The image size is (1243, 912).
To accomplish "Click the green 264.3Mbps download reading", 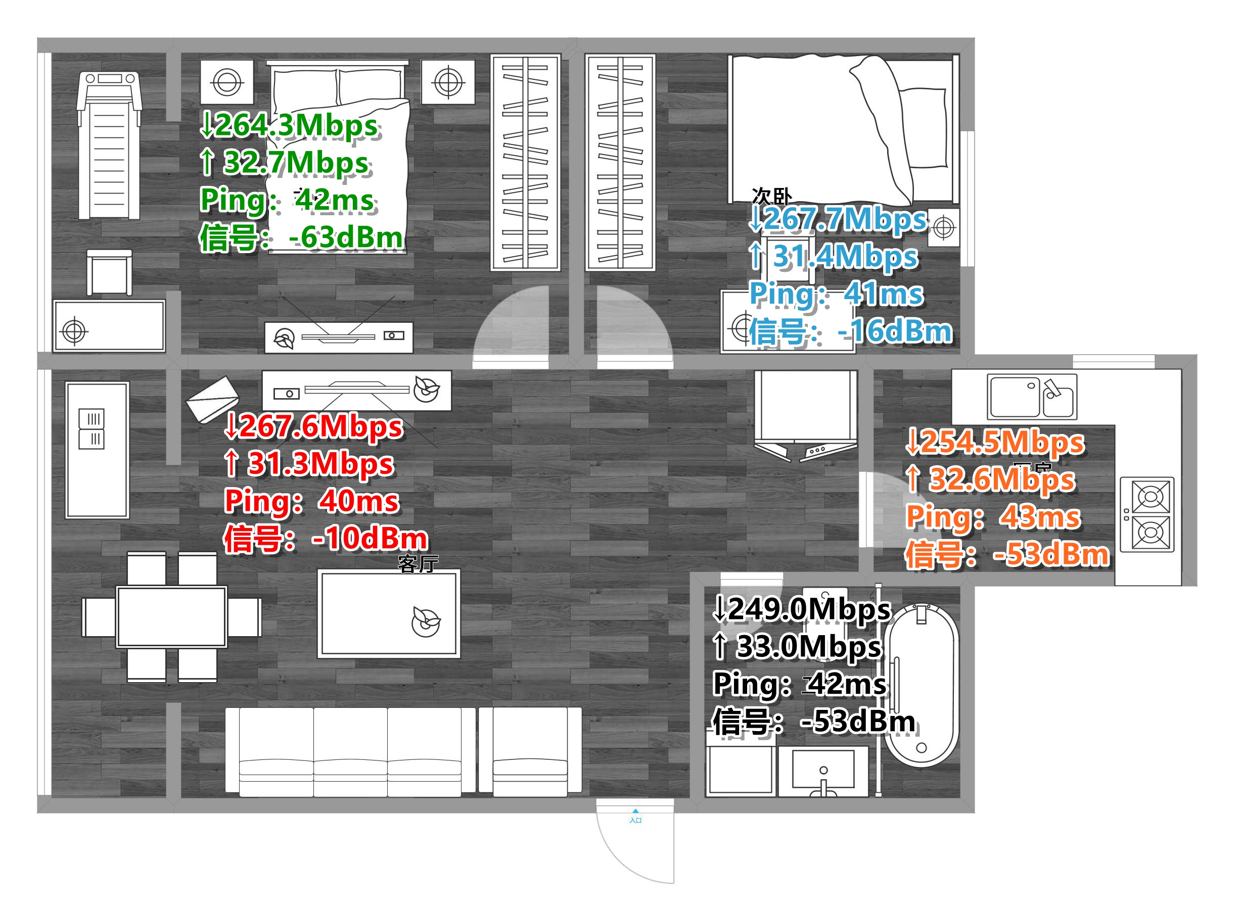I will click(x=289, y=125).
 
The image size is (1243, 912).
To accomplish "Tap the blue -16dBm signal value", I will click(x=895, y=332).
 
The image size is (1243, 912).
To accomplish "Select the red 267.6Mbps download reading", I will click(x=313, y=427).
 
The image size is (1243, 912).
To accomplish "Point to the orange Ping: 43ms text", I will click(x=993, y=517).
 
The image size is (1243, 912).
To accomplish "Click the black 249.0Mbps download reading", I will click(x=802, y=610).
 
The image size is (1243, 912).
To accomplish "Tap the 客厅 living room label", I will click(x=418, y=564).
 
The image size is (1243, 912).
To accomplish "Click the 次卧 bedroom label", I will click(x=771, y=196).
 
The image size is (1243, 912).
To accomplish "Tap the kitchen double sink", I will click(x=1032, y=396).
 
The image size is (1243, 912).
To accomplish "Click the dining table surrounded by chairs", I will click(x=171, y=616).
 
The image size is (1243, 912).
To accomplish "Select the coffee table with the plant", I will click(x=389, y=614).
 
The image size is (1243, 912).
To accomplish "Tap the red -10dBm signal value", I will click(x=369, y=539).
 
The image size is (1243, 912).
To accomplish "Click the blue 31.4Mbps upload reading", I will click(x=834, y=257).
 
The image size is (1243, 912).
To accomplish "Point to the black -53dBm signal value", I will click(x=857, y=722).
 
